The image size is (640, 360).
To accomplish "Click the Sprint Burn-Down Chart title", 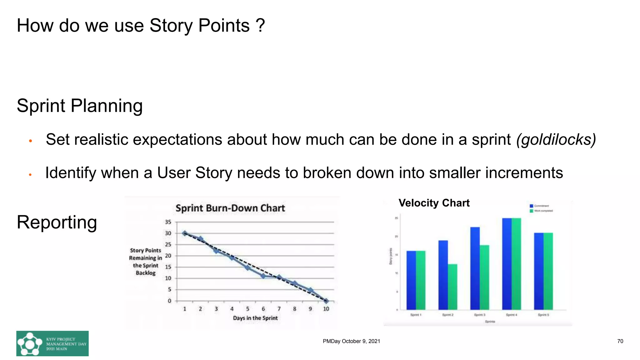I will (230, 208).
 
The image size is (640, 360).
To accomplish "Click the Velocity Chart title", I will (434, 203).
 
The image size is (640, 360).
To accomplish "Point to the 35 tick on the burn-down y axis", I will (168, 222).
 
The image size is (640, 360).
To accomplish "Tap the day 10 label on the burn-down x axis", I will (326, 309).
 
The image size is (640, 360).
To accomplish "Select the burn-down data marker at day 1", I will (185, 233).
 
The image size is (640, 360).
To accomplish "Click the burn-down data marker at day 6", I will (263, 276).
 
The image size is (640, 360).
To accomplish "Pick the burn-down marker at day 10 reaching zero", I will (326, 301).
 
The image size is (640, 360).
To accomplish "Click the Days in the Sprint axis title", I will (255, 318).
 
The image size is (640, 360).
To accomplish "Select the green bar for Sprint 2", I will (452, 287).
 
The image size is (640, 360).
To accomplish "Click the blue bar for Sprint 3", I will (475, 268).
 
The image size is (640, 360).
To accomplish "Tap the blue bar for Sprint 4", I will (507, 264).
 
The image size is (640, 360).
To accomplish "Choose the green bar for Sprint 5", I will (548, 271).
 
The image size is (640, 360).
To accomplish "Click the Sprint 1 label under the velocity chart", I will (416, 315).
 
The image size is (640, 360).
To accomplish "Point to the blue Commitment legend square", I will (531, 206).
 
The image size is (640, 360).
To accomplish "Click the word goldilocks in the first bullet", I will (556, 140).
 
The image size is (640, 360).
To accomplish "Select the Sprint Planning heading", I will (80, 106).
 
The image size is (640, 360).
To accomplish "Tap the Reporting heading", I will (57, 222).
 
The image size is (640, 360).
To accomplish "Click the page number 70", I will (620, 341).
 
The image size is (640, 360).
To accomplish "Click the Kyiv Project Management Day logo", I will (52, 343).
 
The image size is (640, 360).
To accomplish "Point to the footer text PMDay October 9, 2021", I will (351, 341).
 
